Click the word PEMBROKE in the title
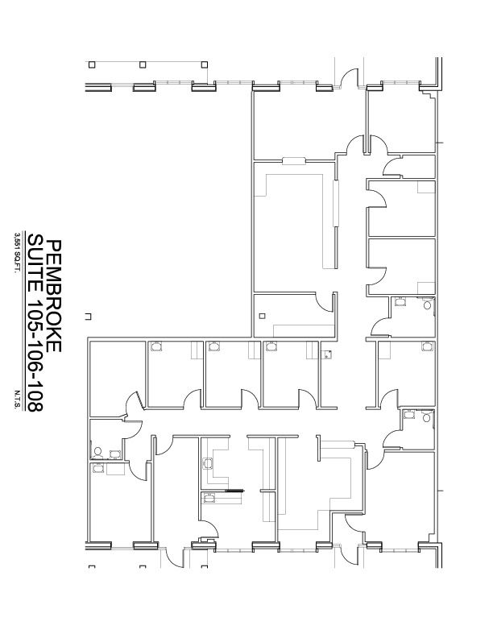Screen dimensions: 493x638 pos(54,296)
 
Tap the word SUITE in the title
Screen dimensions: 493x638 pos(35,262)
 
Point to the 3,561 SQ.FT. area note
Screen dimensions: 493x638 pos(17,253)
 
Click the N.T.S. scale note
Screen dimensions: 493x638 pos(17,400)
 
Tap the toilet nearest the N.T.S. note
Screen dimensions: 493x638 pos(97,452)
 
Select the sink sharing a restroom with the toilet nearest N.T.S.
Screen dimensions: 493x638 pos(115,454)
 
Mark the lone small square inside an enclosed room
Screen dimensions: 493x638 pos(263,316)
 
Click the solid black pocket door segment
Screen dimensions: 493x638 pos(234,491)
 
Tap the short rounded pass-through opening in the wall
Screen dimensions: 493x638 pos(294,161)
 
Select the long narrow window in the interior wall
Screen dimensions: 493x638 pos(336,203)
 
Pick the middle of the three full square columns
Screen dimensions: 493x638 pos(143,64)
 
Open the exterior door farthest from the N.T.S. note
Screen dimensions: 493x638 pos(349,78)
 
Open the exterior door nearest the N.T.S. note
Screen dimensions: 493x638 pos(176,557)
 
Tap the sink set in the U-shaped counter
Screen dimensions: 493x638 pos(208,463)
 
